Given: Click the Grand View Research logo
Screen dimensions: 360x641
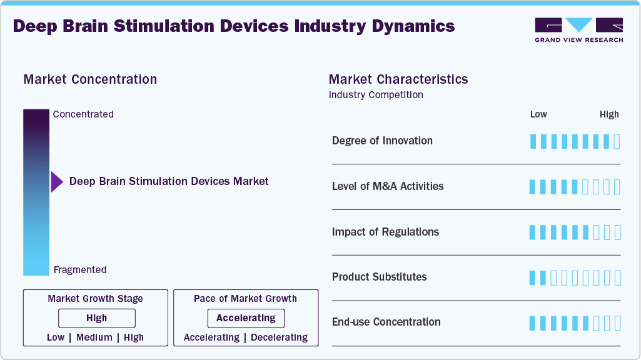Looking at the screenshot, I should tap(578, 30).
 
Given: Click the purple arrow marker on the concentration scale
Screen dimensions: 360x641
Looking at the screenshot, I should tap(57, 182).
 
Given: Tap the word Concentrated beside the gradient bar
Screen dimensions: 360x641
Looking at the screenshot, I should tap(83, 114).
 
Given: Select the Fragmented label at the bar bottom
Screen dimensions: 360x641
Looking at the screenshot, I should tap(80, 270).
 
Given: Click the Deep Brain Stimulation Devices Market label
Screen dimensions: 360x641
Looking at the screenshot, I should tap(169, 181).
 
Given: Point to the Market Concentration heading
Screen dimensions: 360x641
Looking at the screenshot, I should tap(90, 79).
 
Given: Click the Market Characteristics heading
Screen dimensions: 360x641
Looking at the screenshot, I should tap(398, 79).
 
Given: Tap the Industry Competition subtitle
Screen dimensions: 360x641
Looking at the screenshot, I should tap(376, 95).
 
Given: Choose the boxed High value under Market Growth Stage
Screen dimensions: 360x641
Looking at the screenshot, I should tap(96, 318).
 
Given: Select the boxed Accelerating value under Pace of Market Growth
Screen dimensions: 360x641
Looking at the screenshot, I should tap(246, 318).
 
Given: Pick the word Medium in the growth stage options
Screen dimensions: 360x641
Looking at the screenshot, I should tap(94, 337).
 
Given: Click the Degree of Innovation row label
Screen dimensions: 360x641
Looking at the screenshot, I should tap(382, 141).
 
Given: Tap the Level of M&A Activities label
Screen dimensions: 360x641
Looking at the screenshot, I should tap(388, 186).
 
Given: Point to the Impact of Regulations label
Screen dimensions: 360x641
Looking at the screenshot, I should tap(385, 232).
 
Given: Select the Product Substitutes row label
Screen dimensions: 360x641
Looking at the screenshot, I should tap(379, 277).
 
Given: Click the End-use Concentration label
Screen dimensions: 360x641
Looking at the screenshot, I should tap(386, 322).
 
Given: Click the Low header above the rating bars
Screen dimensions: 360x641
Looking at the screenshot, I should tap(538, 114).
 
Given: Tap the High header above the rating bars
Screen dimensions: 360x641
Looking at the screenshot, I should tap(609, 114).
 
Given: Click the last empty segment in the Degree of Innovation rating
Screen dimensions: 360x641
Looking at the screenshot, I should tap(617, 141).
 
